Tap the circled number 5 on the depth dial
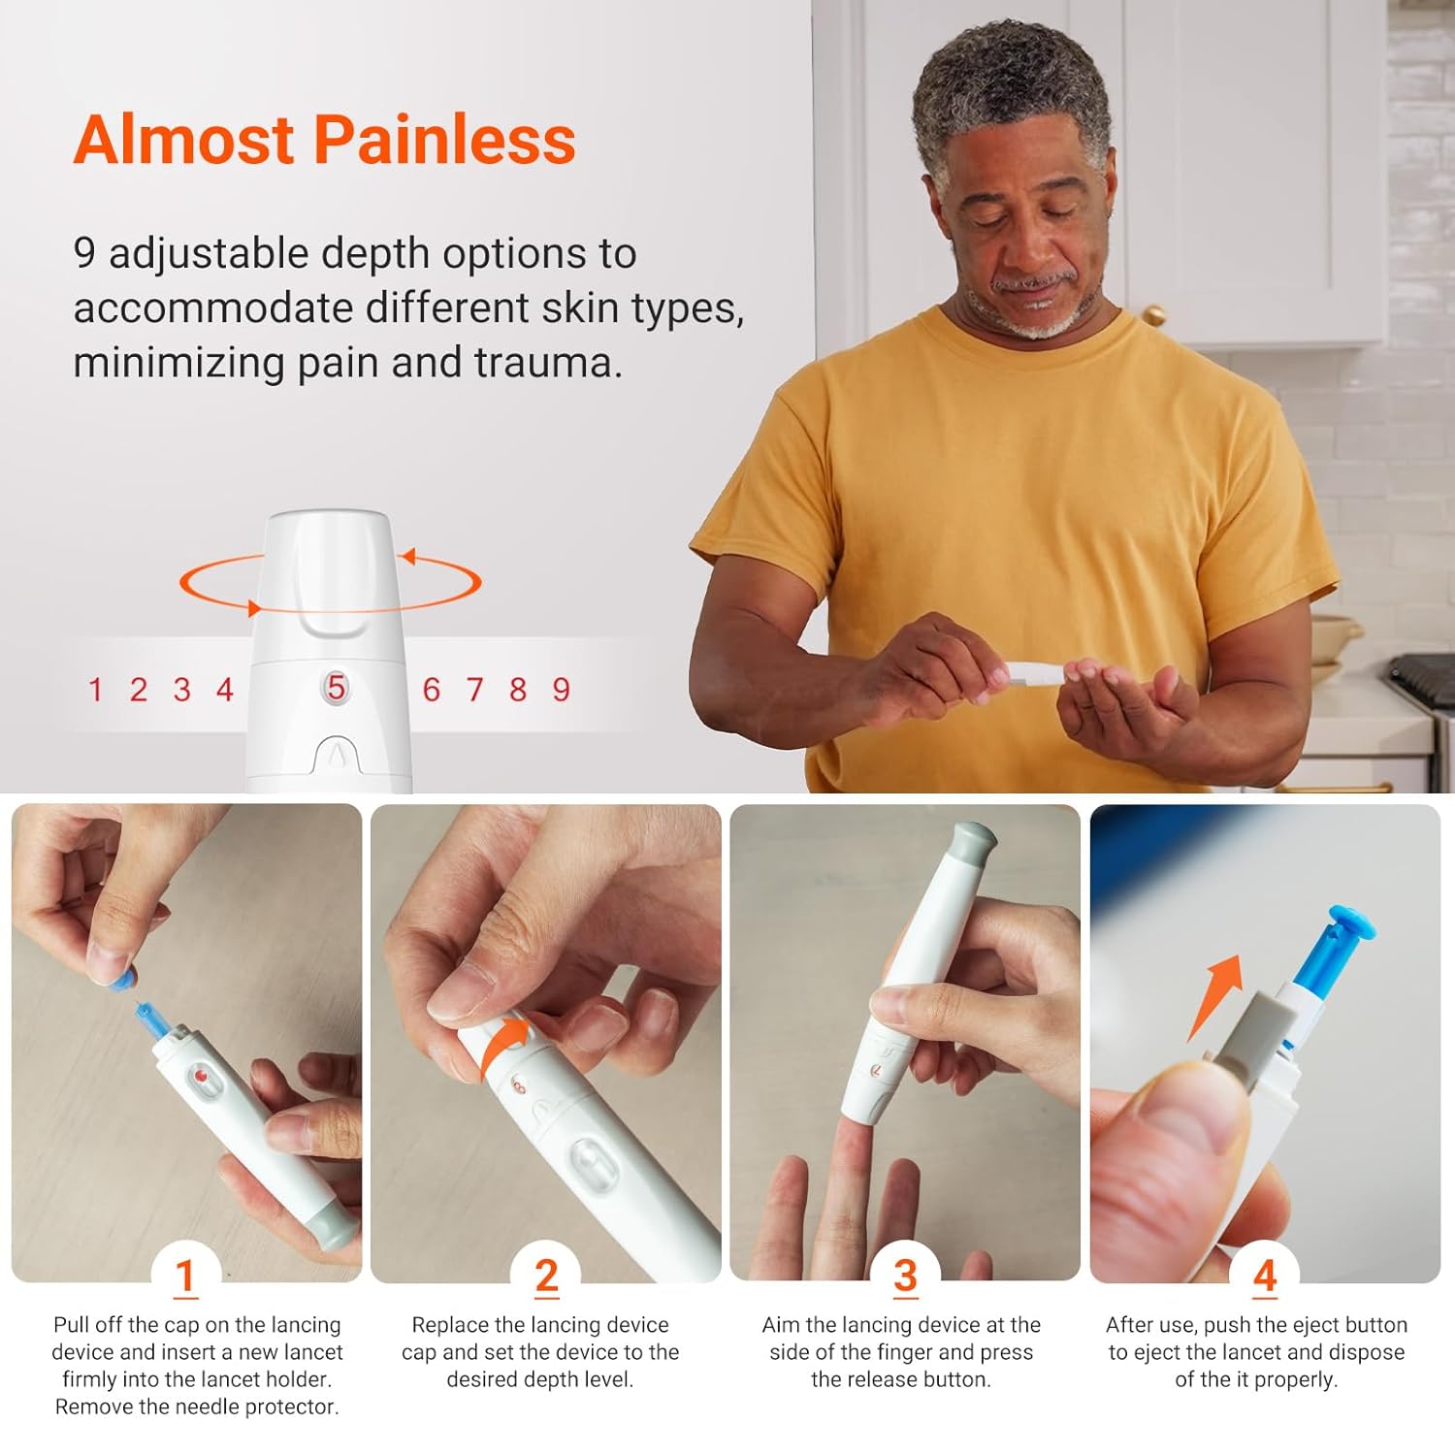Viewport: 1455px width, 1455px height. click(336, 688)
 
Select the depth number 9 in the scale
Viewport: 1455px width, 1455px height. click(561, 690)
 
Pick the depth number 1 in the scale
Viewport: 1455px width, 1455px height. click(95, 690)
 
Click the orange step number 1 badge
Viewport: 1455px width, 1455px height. click(185, 1275)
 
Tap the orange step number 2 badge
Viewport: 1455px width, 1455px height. click(546, 1275)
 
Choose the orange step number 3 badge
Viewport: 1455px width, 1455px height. click(905, 1275)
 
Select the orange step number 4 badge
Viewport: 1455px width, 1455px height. click(1265, 1275)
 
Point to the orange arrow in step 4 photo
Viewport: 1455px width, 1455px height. click(1216, 994)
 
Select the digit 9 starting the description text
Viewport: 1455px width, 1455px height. click(84, 253)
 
